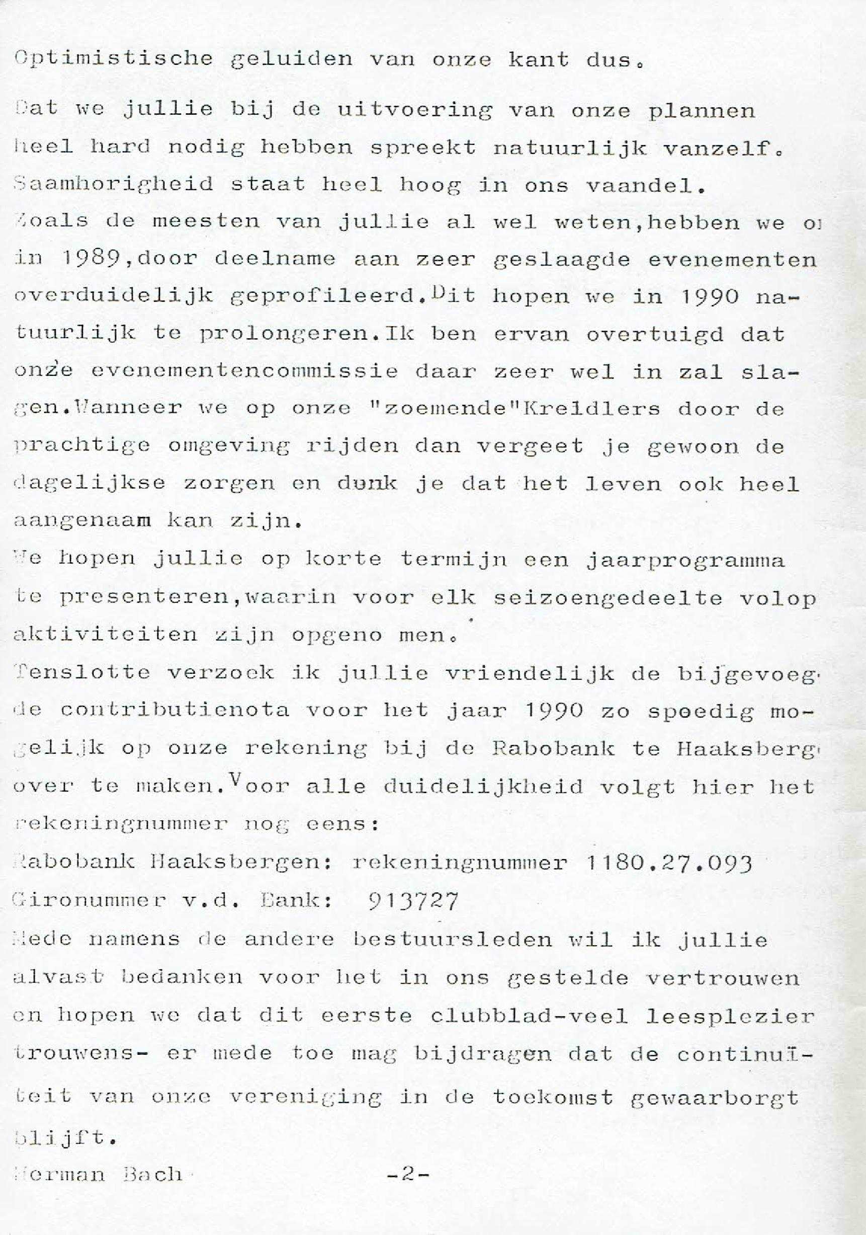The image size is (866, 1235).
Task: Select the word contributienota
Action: click(x=175, y=711)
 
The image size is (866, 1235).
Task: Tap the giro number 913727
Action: click(x=414, y=900)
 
